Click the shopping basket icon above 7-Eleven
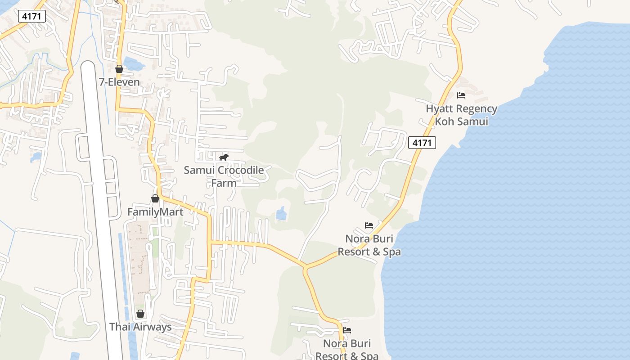pyautogui.click(x=119, y=69)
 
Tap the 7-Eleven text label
pyautogui.click(x=119, y=82)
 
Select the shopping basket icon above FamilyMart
pyautogui.click(x=155, y=198)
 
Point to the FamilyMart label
pyautogui.click(x=155, y=211)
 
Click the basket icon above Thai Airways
pyautogui.click(x=140, y=314)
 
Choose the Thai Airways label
pyautogui.click(x=140, y=327)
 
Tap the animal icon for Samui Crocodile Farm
pyautogui.click(x=224, y=157)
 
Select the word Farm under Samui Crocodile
pyautogui.click(x=224, y=183)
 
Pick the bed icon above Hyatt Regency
pyautogui.click(x=461, y=95)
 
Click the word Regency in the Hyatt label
pyautogui.click(x=477, y=108)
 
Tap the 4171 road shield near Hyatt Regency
pyautogui.click(x=422, y=143)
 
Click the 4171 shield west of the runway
pyautogui.click(x=32, y=17)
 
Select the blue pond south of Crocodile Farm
pyautogui.click(x=281, y=213)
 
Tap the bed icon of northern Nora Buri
pyautogui.click(x=369, y=225)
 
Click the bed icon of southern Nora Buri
pyautogui.click(x=347, y=330)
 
